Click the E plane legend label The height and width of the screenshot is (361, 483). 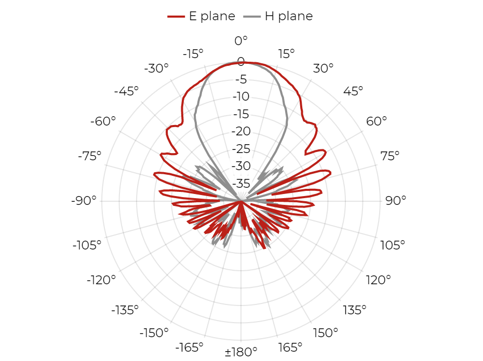coord(212,16)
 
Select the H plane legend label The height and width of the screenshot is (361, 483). coord(289,16)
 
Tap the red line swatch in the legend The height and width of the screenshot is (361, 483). coord(176,17)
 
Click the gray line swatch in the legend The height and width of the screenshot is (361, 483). coord(252,17)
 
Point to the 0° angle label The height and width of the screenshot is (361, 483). coord(241,40)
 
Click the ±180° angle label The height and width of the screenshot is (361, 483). coord(241,352)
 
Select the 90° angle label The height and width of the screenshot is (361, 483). coord(396,201)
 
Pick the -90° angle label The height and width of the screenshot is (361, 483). coord(84,201)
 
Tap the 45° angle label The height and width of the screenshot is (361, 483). coord(353,91)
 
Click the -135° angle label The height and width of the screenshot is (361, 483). coord(125,310)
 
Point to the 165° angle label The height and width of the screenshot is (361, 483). coord(290,348)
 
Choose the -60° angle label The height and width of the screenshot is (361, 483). coord(103,121)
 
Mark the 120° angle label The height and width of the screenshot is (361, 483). coord(378,280)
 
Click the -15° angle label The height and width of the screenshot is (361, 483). coord(193,54)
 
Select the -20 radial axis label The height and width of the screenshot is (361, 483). coord(241,131)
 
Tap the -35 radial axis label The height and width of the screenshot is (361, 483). coord(241,184)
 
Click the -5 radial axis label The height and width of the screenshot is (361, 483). coord(241,79)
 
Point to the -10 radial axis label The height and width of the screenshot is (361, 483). coord(241,96)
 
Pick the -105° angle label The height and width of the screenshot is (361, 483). coord(87,245)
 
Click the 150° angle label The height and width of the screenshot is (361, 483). coord(326,332)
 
